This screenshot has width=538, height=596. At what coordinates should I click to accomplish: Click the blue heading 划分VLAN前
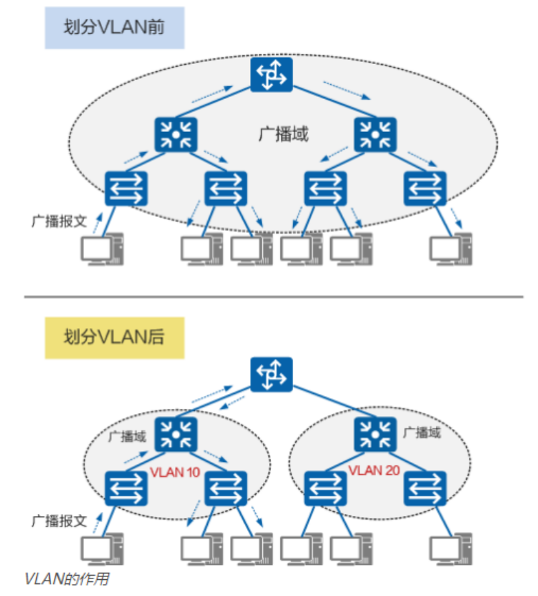point(114,29)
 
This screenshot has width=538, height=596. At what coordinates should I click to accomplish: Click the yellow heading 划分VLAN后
point(114,337)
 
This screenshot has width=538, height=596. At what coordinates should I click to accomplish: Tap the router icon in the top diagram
point(272,75)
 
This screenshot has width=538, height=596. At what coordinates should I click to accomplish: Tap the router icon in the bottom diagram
point(272,375)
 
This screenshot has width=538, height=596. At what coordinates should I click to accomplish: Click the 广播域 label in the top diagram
point(283,134)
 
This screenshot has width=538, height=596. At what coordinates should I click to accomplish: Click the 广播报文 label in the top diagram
point(60,221)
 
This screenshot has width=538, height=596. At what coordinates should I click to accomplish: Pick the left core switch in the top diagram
point(176,134)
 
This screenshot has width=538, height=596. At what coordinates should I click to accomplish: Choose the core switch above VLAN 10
point(176,434)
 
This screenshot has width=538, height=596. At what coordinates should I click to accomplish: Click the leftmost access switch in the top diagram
point(126,188)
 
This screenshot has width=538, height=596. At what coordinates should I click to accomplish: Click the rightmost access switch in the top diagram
point(425,188)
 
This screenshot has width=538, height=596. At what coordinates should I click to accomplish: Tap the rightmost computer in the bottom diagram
point(451,548)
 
